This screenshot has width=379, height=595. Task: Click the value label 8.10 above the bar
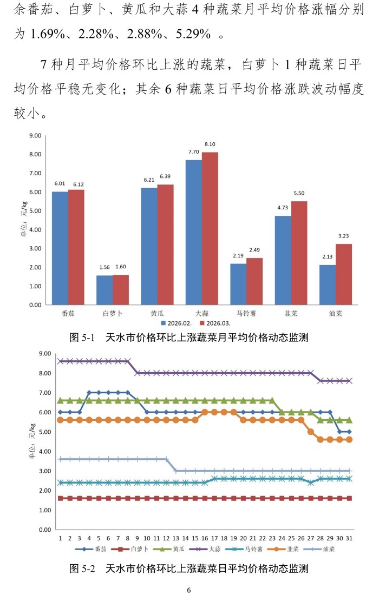click(210, 144)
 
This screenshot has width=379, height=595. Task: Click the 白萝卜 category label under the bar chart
click(113, 313)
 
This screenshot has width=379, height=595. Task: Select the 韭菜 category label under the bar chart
click(291, 313)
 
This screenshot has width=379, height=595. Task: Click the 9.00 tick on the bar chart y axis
click(36, 136)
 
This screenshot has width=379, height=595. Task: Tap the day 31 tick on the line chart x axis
click(349, 539)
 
